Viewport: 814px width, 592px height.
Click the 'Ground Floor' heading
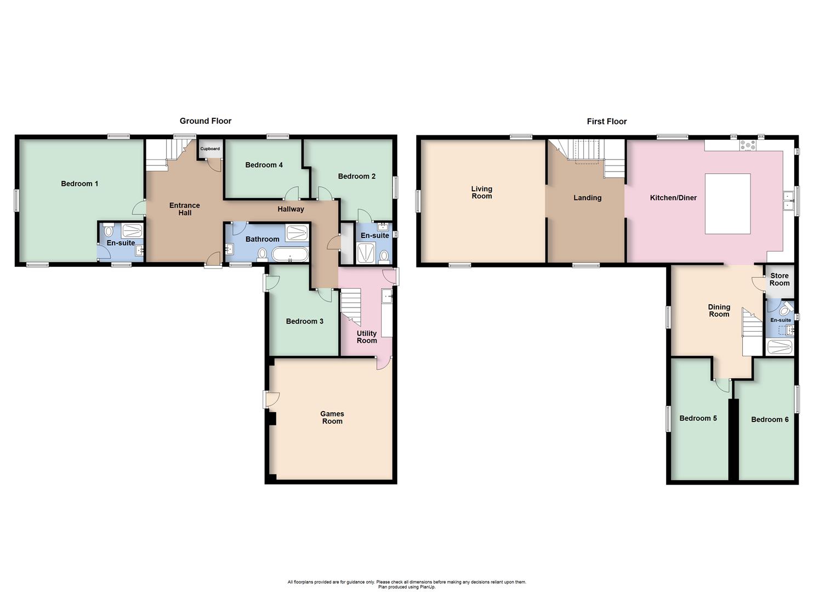[206, 121]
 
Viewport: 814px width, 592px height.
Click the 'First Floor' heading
[606, 122]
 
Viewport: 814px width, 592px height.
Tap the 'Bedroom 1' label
[79, 184]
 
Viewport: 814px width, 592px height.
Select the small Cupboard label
[210, 149]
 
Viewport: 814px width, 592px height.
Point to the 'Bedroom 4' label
[264, 165]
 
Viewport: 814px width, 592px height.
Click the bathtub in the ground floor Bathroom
[290, 254]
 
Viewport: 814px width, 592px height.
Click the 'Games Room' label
[332, 418]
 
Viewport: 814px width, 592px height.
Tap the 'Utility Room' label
[367, 337]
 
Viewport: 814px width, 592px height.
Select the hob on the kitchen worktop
[748, 145]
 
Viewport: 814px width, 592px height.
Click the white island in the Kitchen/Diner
[727, 203]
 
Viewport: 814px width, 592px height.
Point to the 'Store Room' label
[779, 280]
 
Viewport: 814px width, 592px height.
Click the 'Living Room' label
[482, 192]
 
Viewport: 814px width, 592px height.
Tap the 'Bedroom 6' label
[770, 419]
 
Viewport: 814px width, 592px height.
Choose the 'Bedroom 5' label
[698, 418]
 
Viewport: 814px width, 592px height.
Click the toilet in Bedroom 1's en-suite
[108, 231]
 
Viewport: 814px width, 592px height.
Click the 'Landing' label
[587, 198]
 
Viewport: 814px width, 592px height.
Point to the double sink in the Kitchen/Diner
[788, 201]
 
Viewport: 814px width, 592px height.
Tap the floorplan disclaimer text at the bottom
[407, 584]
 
